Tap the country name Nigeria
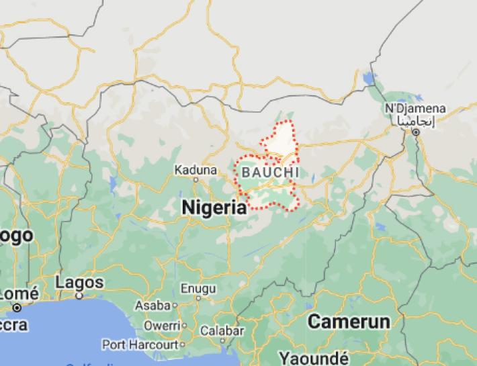pyautogui.click(x=214, y=208)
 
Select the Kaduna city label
pyautogui.click(x=196, y=169)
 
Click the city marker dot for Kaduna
pyautogui.click(x=196, y=179)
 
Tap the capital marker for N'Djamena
pyautogui.click(x=416, y=132)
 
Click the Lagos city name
pyautogui.click(x=79, y=281)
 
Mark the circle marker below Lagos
pyautogui.click(x=79, y=294)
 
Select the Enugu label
pyautogui.click(x=198, y=288)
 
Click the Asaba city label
pyautogui.click(x=153, y=305)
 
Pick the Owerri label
pyautogui.click(x=161, y=326)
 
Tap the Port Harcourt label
pyautogui.click(x=138, y=345)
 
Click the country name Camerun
pyautogui.click(x=348, y=321)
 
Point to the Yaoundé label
pyautogui.click(x=313, y=357)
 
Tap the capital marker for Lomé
pyautogui.click(x=17, y=307)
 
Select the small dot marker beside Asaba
pyautogui.click(x=175, y=305)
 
